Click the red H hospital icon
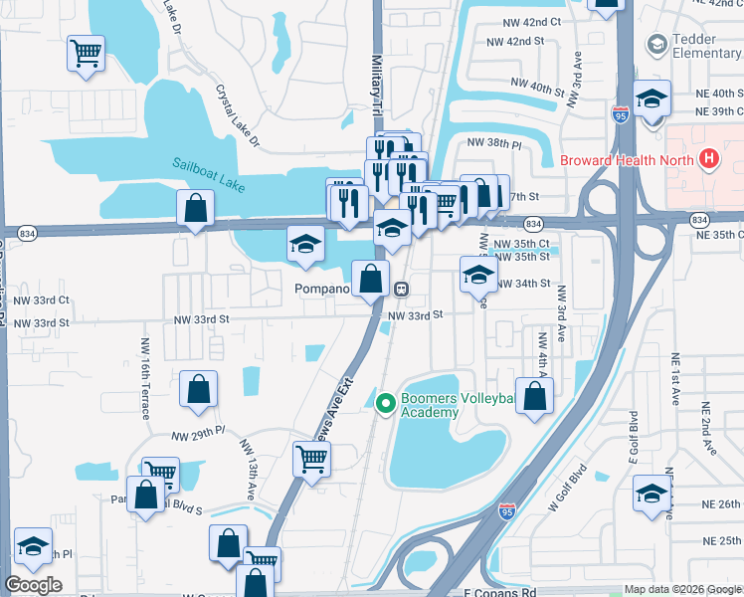pyautogui.click(x=709, y=158)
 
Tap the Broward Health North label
pyautogui.click(x=628, y=159)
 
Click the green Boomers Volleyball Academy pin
pyautogui.click(x=386, y=402)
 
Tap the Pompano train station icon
pyautogui.click(x=402, y=289)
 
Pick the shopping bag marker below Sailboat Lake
pyautogui.click(x=196, y=209)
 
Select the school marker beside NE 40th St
pyautogui.click(x=651, y=99)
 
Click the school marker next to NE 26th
pyautogui.click(x=651, y=492)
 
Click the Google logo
pyautogui.click(x=33, y=585)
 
